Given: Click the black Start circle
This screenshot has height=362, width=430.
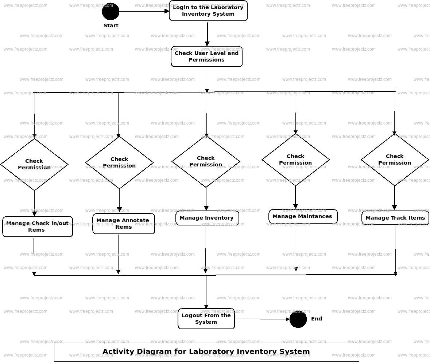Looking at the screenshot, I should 111,12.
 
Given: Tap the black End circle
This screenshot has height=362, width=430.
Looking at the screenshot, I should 298,319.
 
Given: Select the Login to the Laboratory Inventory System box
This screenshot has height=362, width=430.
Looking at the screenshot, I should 208,11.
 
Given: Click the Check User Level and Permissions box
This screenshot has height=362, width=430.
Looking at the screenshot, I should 206,56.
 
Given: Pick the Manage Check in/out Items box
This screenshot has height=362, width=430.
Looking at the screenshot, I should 38,227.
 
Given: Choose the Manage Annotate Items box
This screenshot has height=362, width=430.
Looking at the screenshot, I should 124,224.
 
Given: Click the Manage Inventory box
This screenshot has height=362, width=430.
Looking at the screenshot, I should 207,218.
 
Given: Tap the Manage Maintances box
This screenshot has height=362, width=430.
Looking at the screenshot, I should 303,216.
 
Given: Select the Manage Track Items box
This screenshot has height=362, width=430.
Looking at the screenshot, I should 395,218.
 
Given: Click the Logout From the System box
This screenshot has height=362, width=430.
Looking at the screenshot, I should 206,319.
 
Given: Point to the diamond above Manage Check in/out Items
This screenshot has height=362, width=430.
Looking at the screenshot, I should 34,164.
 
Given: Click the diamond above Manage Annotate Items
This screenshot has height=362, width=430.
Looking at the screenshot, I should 119,162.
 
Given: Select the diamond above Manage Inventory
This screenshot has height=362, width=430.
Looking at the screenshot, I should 206,161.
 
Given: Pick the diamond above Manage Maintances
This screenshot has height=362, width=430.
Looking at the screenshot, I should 295,160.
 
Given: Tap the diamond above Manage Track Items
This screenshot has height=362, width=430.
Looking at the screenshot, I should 395,160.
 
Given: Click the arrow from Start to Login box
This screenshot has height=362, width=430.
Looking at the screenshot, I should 144,11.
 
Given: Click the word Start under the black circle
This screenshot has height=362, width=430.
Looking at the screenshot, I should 111,25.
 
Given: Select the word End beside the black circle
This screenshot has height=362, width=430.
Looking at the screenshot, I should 317,319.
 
